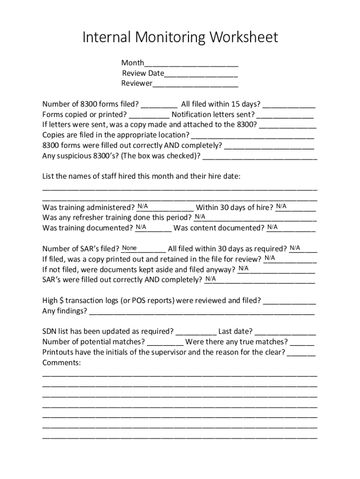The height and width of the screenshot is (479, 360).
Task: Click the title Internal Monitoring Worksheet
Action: point(180,37)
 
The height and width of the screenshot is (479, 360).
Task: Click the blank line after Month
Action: point(191,63)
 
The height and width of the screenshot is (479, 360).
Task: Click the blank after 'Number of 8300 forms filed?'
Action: point(158,104)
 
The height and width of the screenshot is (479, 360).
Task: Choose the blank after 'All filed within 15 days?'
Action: point(289,104)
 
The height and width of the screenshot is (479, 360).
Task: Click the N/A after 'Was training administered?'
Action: point(143,207)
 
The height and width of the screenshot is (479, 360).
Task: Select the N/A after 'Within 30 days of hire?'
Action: point(281,207)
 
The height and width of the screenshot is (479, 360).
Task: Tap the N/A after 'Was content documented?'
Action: point(273,227)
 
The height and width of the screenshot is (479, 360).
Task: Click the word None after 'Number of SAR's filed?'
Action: point(130,248)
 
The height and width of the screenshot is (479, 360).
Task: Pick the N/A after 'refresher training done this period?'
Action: point(200,217)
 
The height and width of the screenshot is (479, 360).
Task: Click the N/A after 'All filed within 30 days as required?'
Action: point(295,248)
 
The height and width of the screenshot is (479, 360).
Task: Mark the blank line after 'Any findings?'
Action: point(202,311)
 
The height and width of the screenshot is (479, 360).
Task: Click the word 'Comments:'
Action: point(61,363)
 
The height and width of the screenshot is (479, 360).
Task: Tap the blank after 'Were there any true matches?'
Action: point(302,342)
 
